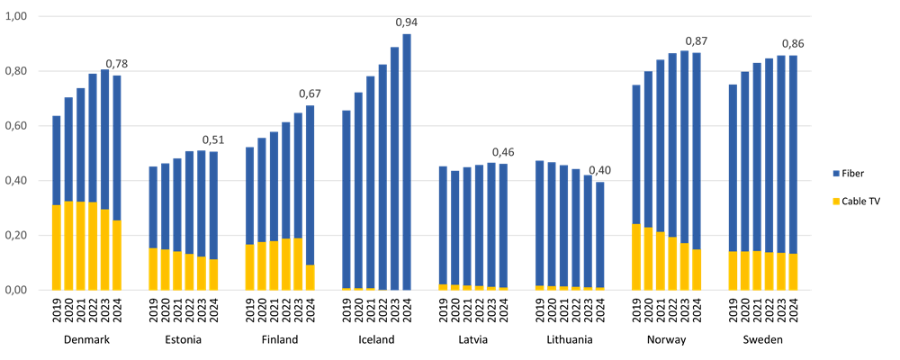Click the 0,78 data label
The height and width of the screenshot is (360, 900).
coord(117,64)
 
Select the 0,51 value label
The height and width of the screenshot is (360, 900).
coord(213,139)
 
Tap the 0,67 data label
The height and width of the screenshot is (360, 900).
coord(310,94)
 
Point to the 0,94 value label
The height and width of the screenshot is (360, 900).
coord(407,22)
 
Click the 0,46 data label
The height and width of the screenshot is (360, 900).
coord(503,152)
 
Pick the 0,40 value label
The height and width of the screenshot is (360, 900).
coord(599,170)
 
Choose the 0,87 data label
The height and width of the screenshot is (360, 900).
coord(697,41)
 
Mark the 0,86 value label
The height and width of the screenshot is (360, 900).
coord(793,43)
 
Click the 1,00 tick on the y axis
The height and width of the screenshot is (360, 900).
coord(17,17)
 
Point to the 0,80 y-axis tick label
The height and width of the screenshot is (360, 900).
coord(17,71)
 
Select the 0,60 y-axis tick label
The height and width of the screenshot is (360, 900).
coord(17,126)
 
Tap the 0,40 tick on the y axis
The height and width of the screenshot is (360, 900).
coord(17,181)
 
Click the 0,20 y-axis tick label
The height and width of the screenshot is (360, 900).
coord(17,236)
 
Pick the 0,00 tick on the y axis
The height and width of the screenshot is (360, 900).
coord(17,290)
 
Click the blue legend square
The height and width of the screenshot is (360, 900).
coord(836,174)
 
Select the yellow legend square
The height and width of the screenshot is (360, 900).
coord(836,201)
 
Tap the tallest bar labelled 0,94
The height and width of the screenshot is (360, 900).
coord(407,162)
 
